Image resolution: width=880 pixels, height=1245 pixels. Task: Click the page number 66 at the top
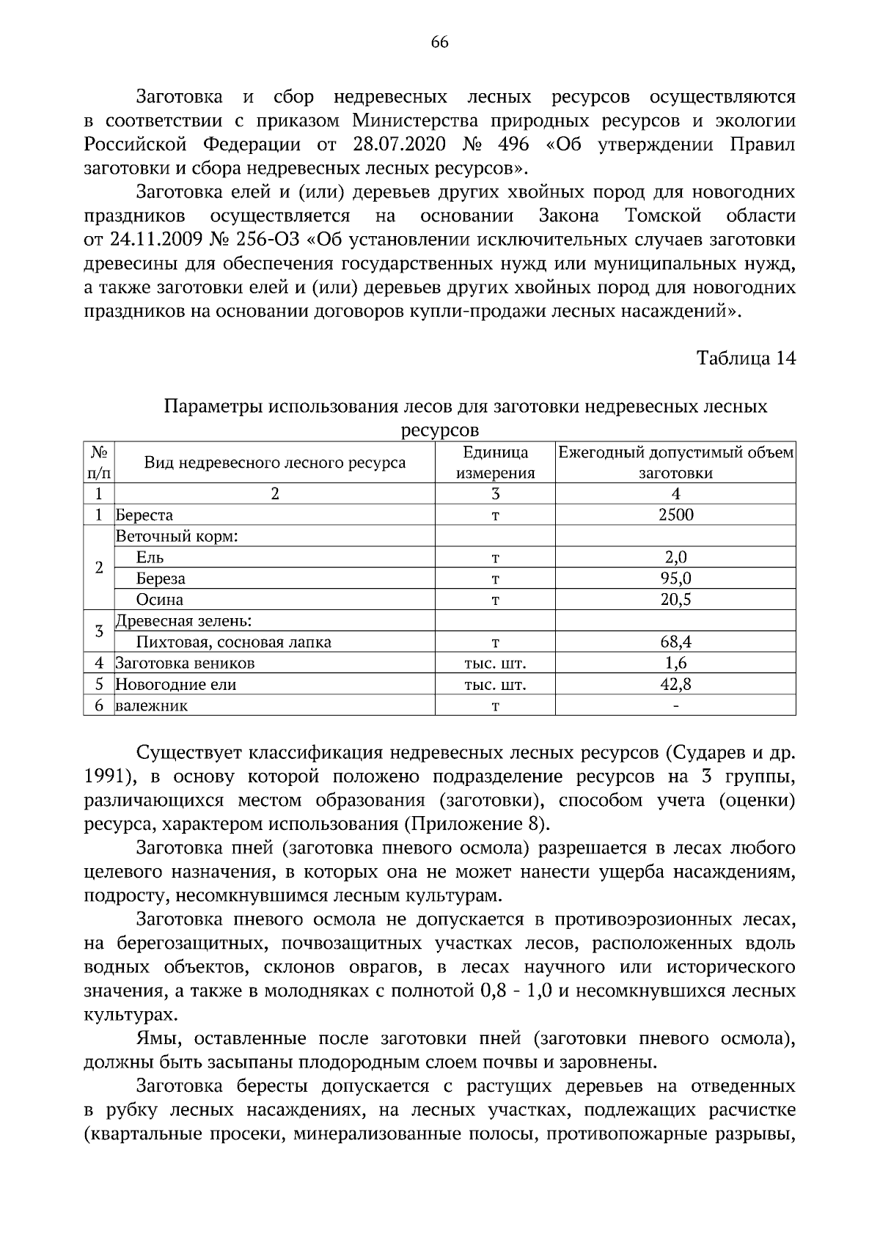[439, 42]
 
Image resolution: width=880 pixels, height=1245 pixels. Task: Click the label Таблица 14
[745, 359]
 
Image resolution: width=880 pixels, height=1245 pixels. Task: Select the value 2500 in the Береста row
[675, 515]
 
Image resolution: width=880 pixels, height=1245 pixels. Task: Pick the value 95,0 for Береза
[675, 579]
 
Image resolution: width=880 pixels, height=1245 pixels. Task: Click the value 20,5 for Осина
[675, 600]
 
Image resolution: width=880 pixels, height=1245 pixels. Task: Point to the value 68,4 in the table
[675, 642]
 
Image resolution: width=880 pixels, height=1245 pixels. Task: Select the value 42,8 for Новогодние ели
[675, 685]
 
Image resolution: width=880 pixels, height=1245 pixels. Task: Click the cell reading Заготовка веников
[185, 664]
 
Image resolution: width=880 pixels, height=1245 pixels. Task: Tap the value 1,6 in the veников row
[675, 664]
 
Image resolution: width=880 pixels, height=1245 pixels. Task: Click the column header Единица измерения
[495, 463]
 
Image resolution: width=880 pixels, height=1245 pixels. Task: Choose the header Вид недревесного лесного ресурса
[274, 463]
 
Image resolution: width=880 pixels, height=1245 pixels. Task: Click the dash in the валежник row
[675, 706]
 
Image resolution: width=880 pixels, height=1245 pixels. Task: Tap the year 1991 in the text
[107, 776]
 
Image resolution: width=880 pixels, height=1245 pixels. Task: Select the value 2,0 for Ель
[675, 557]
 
